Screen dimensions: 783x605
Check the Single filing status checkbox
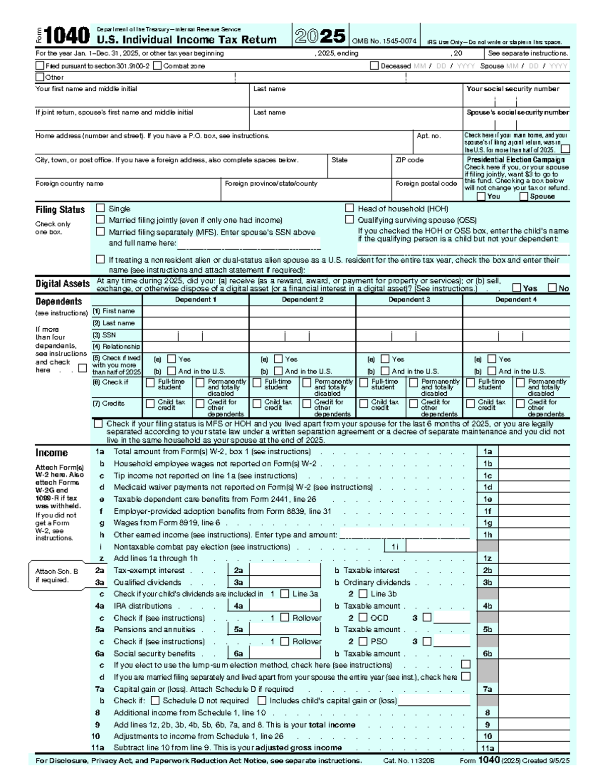(x=100, y=208)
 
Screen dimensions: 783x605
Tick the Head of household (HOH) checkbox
(x=349, y=208)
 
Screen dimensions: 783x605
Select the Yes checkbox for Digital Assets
(x=517, y=288)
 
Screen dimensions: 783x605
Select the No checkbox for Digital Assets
(x=553, y=288)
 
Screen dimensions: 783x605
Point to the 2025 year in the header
(x=320, y=36)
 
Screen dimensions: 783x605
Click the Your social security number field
(x=516, y=100)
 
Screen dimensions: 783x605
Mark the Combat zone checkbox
(x=157, y=66)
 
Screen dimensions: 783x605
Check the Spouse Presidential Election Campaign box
(x=524, y=196)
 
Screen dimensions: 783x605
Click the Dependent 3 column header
(x=409, y=299)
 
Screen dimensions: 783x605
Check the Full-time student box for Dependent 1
(x=150, y=383)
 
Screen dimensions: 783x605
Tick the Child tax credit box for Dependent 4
(x=470, y=403)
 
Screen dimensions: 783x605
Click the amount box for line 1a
(x=534, y=452)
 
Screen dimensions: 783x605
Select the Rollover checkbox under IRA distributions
(x=285, y=617)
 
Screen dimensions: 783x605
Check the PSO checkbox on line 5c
(x=363, y=641)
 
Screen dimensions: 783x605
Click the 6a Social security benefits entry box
(x=285, y=653)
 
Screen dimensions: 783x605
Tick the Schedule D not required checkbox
(x=155, y=700)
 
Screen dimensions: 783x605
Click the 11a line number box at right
(x=488, y=748)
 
